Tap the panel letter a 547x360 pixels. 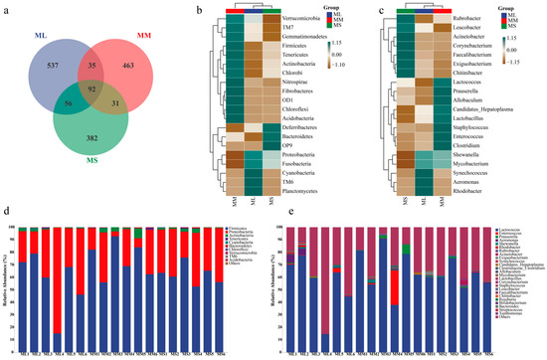pos(6,7)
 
